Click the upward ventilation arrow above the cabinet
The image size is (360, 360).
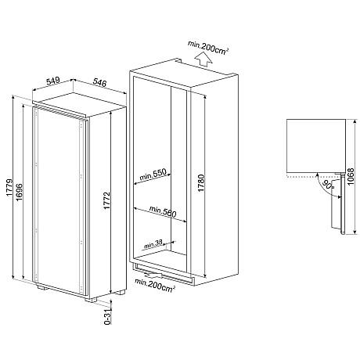[203, 55]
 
